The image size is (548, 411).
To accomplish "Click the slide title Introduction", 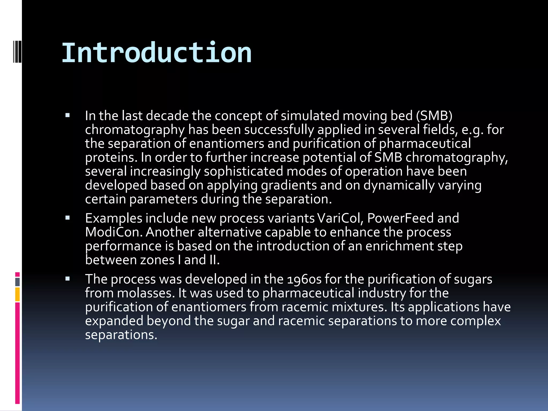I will pyautogui.click(x=157, y=53).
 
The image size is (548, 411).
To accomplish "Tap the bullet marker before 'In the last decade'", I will pyautogui.click(x=67, y=116).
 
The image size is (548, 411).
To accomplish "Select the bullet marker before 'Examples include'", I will pyautogui.click(x=67, y=218).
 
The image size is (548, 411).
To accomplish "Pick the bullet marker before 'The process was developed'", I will pyautogui.click(x=67, y=279).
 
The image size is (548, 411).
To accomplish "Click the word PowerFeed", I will pyautogui.click(x=401, y=218).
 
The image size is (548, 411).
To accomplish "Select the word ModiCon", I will pyautogui.click(x=114, y=232).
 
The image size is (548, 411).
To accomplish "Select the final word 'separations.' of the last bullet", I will pyautogui.click(x=121, y=335).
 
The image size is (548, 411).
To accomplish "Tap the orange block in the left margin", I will pyautogui.click(x=17, y=294).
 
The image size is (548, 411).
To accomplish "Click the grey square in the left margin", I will pyautogui.click(x=17, y=282).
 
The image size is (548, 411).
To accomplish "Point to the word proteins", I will pyautogui.click(x=111, y=158).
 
